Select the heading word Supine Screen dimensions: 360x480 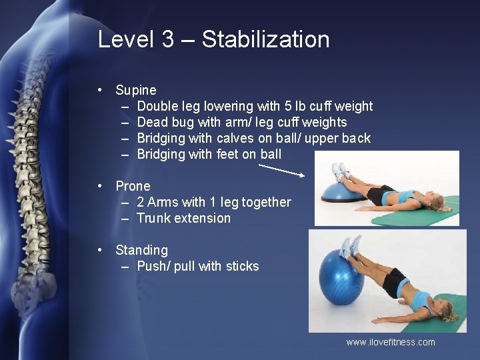[136, 90]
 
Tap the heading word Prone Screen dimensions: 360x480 [133, 186]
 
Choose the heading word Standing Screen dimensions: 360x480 [141, 250]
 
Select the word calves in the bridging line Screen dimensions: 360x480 [234, 138]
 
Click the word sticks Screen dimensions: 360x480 [242, 266]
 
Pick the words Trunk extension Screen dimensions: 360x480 [183, 218]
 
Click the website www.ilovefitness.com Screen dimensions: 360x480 [390, 342]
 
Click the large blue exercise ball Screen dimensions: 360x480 [341, 276]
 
